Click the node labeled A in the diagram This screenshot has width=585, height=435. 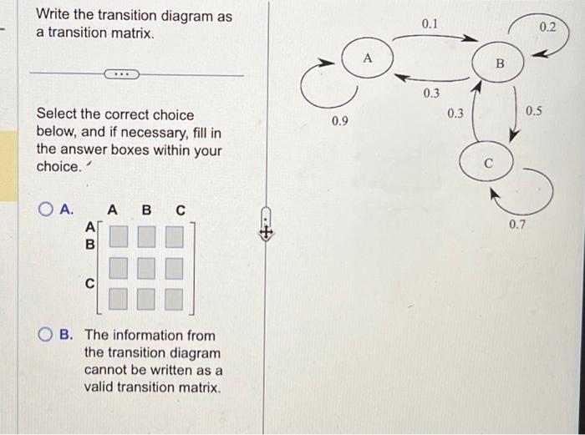tap(368, 58)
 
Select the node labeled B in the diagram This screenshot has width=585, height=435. tap(498, 63)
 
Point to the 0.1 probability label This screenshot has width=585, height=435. tap(429, 24)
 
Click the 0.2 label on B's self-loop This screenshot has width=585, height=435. tap(547, 27)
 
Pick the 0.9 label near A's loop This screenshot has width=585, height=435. tap(339, 121)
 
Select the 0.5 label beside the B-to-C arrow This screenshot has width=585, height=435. tap(533, 111)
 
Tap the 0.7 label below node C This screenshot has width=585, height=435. tap(517, 225)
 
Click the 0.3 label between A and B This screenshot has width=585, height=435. tap(431, 93)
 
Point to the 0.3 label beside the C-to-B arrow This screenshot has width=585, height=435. tap(455, 113)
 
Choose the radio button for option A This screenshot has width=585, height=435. tap(45, 210)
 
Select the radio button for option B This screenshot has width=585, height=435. tap(45, 335)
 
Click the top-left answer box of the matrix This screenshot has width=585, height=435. tap(119, 236)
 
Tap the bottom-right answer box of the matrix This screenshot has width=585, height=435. tap(174, 299)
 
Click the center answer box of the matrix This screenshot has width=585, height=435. tap(146, 268)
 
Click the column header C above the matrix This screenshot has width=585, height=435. tap(181, 210)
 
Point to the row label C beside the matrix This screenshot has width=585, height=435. tap(90, 284)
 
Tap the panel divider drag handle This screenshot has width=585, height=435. tap(265, 224)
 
